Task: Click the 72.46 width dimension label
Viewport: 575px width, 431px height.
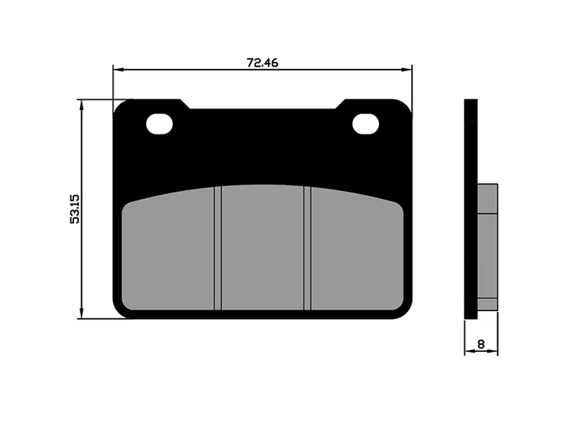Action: pyautogui.click(x=262, y=62)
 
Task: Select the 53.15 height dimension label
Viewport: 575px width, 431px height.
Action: pyautogui.click(x=75, y=209)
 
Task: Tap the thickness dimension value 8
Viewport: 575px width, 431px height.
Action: pyautogui.click(x=481, y=344)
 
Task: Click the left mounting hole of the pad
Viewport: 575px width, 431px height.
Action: pyautogui.click(x=159, y=124)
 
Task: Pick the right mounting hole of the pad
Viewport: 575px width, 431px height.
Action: pyautogui.click(x=365, y=124)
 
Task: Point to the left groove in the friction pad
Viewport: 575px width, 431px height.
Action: pyautogui.click(x=218, y=248)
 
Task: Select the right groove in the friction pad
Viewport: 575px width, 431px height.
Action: pyautogui.click(x=308, y=248)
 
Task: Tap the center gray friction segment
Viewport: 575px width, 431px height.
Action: pyautogui.click(x=262, y=247)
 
